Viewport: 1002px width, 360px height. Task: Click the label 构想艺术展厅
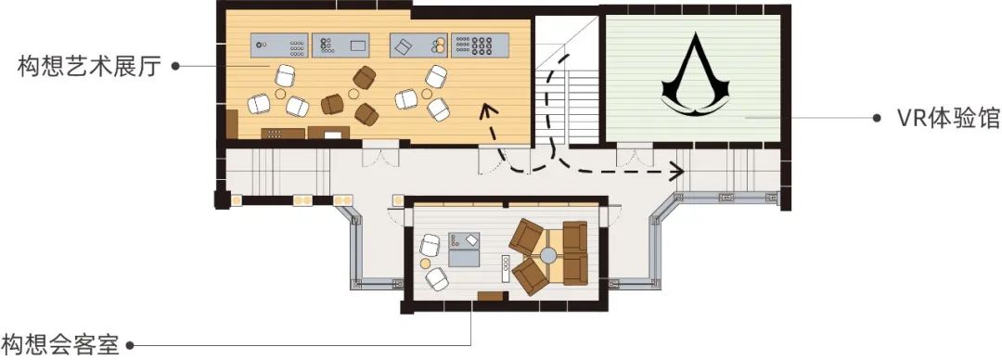[x=89, y=66]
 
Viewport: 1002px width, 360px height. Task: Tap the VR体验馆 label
[x=948, y=118]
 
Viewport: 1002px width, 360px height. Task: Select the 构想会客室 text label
[x=59, y=344]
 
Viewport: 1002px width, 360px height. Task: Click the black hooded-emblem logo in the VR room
[x=693, y=75]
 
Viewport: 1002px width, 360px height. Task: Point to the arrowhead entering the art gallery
[x=489, y=112]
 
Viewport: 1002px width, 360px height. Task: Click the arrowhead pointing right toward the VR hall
[x=676, y=171]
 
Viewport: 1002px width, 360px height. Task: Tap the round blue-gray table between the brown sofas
[x=547, y=256]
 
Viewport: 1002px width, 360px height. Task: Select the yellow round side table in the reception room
[x=426, y=263]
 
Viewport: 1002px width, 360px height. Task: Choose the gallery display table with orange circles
[x=418, y=45]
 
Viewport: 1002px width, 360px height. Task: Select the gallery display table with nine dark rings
[x=481, y=45]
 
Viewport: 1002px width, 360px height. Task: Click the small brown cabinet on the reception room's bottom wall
[x=491, y=295]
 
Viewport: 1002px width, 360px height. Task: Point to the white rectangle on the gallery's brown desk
[x=333, y=135]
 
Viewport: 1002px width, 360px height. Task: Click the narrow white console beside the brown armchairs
[x=507, y=269]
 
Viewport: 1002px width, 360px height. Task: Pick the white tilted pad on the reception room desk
[x=471, y=239]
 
